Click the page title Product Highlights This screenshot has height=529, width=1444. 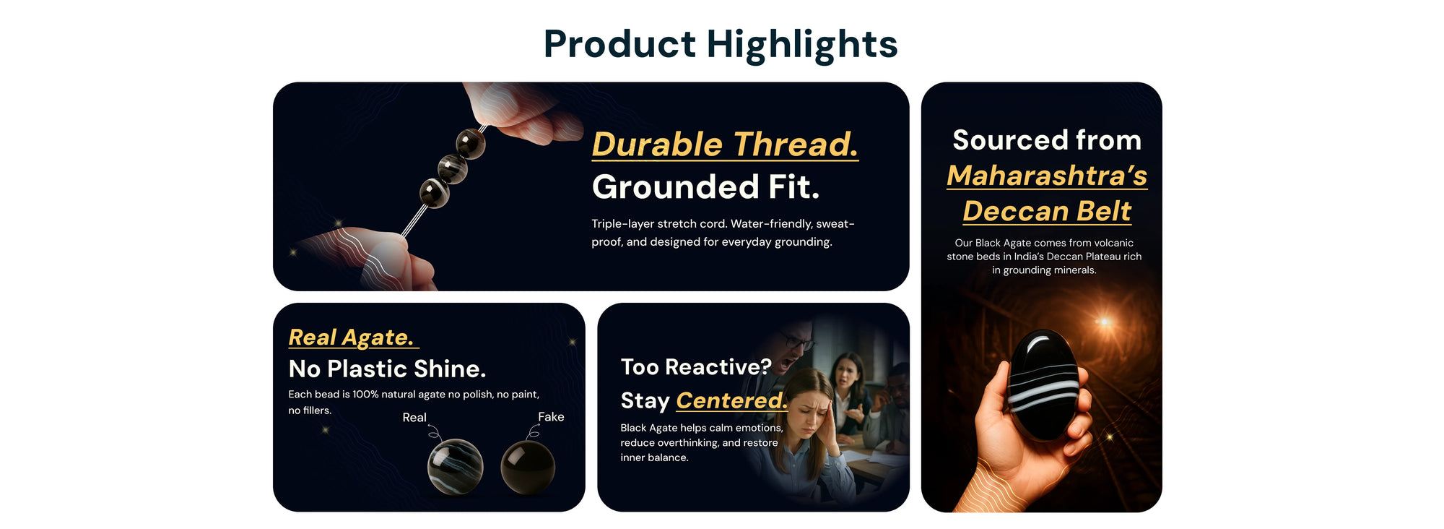(721, 45)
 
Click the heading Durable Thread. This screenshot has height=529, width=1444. (725, 144)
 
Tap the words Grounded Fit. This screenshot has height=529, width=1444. (705, 186)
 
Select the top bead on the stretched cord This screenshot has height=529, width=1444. (470, 142)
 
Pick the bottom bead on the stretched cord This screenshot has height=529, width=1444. (435, 193)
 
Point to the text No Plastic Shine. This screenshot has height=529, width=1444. (387, 369)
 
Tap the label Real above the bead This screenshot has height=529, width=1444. (414, 418)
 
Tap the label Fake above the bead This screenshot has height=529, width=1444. (551, 417)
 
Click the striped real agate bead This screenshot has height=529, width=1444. (455, 466)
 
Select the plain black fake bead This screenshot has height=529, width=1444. (528, 467)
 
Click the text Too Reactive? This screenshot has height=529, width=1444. (696, 367)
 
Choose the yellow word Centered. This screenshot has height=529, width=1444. (731, 400)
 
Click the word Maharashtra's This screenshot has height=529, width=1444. (1047, 176)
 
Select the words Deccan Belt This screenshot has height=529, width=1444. (1047, 211)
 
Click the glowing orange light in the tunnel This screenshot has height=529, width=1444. (1103, 321)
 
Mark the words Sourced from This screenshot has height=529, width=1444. (1047, 140)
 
